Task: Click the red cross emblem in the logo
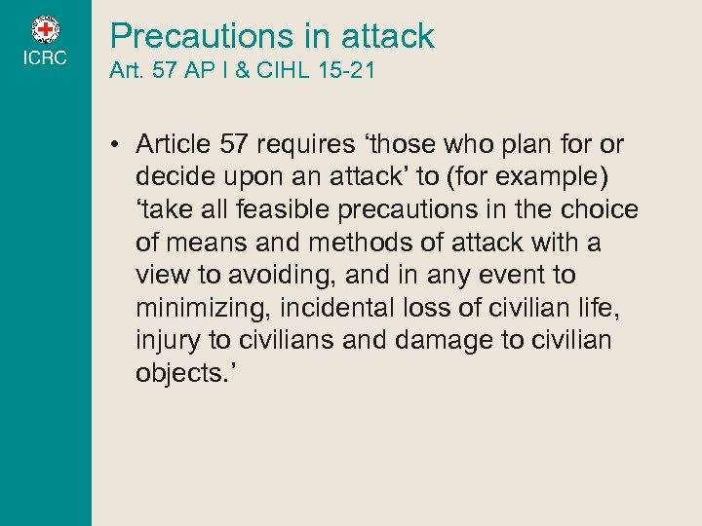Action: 46,28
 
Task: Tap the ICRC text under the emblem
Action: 46,58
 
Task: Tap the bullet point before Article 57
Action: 115,145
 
